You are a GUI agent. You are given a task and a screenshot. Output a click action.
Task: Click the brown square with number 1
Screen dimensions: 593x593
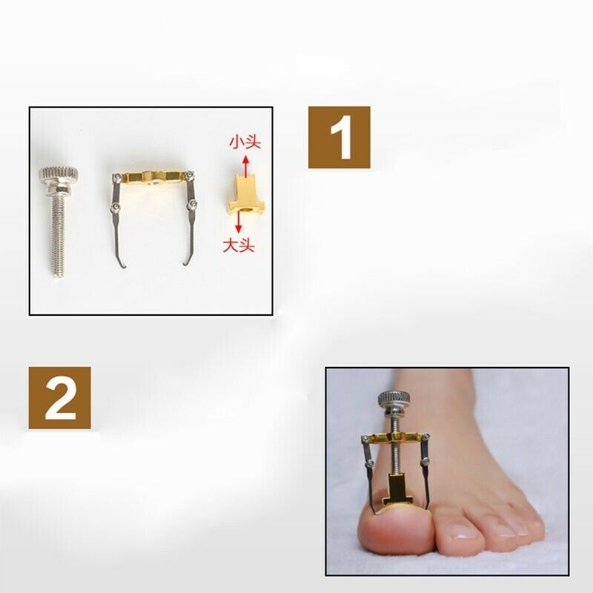(339, 137)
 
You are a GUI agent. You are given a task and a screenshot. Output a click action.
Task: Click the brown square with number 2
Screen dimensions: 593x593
(59, 397)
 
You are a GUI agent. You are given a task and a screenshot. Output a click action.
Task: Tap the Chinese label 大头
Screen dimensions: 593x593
(239, 245)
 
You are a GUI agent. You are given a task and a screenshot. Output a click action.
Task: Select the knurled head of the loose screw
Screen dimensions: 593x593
(58, 176)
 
